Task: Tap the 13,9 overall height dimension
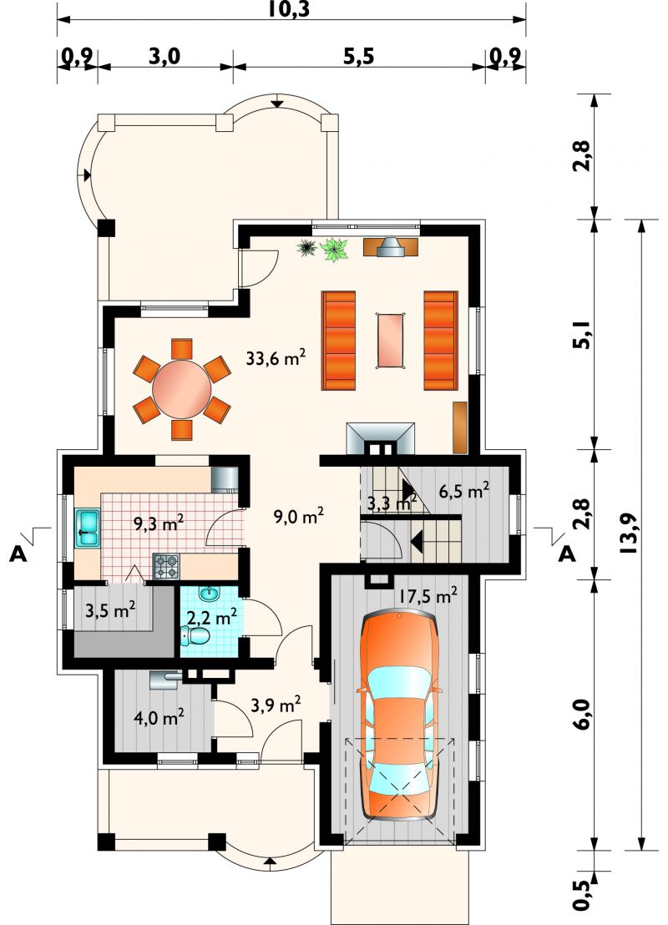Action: [x=630, y=533]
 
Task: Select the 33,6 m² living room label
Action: [x=276, y=358]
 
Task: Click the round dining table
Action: [x=182, y=389]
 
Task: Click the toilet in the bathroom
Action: [x=195, y=635]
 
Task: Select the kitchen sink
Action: [x=88, y=528]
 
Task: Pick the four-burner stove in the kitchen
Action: [x=166, y=565]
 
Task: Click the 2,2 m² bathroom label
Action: [x=212, y=617]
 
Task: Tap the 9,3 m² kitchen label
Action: [x=159, y=523]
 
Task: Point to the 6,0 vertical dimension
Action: [x=582, y=715]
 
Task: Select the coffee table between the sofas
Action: [x=390, y=341]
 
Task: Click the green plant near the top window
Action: [x=335, y=249]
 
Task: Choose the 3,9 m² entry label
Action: [x=276, y=705]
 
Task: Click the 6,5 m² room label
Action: [x=463, y=491]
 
